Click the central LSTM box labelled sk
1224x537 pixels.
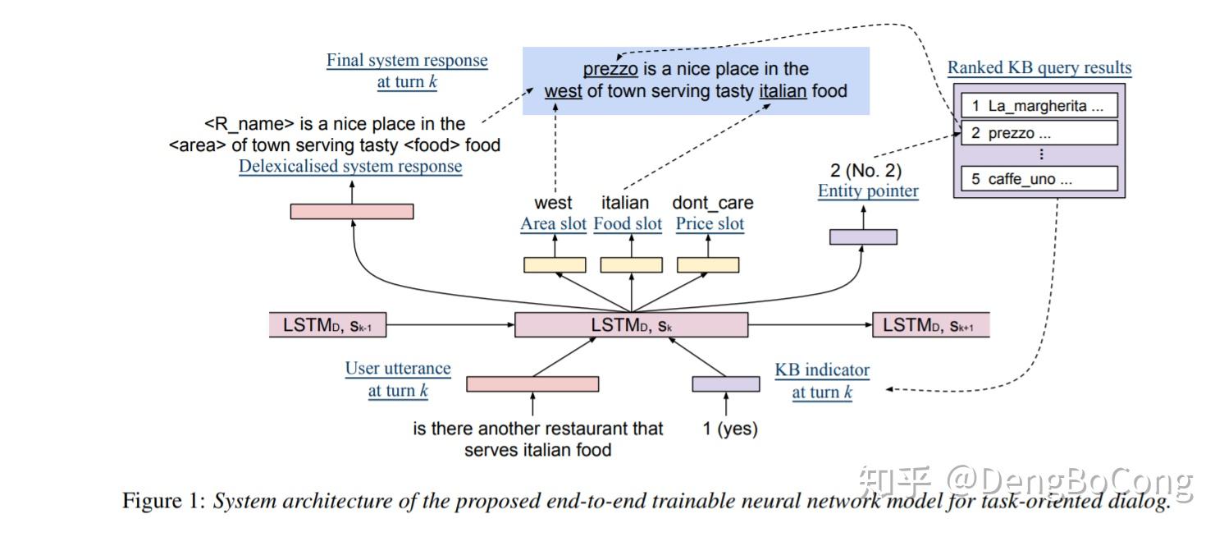631,325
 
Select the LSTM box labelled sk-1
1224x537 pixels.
327,325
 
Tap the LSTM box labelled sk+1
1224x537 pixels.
930,325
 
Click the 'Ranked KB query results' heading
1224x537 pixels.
1039,68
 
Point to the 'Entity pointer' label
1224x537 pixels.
868,191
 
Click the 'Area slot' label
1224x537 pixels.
553,224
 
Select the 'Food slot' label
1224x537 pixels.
628,224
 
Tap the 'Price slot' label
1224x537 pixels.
710,224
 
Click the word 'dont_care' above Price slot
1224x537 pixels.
712,203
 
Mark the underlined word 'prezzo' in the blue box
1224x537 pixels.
610,69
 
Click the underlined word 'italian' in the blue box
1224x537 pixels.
783,91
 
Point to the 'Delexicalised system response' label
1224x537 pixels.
350,167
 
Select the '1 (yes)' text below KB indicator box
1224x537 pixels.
730,429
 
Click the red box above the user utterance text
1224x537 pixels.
532,383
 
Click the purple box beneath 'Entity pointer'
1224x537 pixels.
863,236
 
